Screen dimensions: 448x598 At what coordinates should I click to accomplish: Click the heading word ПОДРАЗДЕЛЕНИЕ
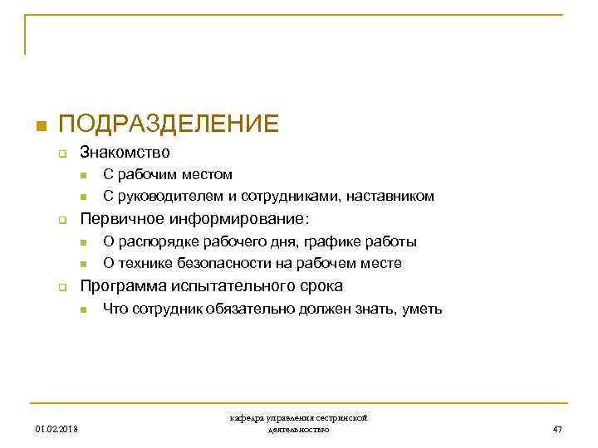coord(169,124)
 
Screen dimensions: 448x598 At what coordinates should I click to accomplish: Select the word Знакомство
coord(125,153)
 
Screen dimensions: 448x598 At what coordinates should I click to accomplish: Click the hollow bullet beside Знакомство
coord(61,153)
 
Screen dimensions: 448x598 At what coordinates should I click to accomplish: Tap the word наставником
coord(390,197)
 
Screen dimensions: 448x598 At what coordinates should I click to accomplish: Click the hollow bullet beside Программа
coord(61,287)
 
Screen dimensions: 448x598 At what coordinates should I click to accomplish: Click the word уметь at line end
coord(422,309)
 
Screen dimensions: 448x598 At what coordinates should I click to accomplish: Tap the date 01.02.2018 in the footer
coord(56,430)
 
